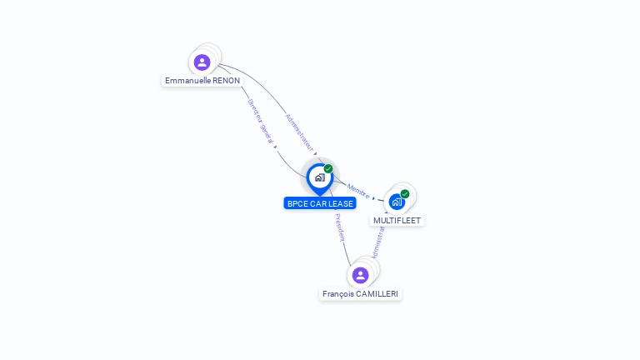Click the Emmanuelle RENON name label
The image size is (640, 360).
[x=202, y=81]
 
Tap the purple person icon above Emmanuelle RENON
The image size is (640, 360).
[x=202, y=62]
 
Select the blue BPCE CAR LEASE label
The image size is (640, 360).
[x=320, y=203]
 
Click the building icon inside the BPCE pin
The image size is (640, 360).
[x=319, y=177]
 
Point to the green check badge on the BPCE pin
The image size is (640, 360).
[x=328, y=169]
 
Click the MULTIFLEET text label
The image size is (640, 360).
[x=397, y=221]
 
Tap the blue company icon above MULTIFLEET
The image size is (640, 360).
[x=397, y=202]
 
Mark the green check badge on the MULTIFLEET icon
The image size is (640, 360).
[x=405, y=194]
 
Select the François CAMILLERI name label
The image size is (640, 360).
[x=361, y=294]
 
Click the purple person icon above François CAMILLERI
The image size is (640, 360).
[x=360, y=275]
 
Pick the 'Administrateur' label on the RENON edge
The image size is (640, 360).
[x=300, y=132]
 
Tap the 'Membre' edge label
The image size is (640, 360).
[x=358, y=191]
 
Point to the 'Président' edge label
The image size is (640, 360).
[x=340, y=227]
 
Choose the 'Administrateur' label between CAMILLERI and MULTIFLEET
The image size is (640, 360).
[x=378, y=242]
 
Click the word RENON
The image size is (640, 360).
[x=225, y=81]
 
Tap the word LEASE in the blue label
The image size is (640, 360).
[x=340, y=203]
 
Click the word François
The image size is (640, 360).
[x=338, y=294]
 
